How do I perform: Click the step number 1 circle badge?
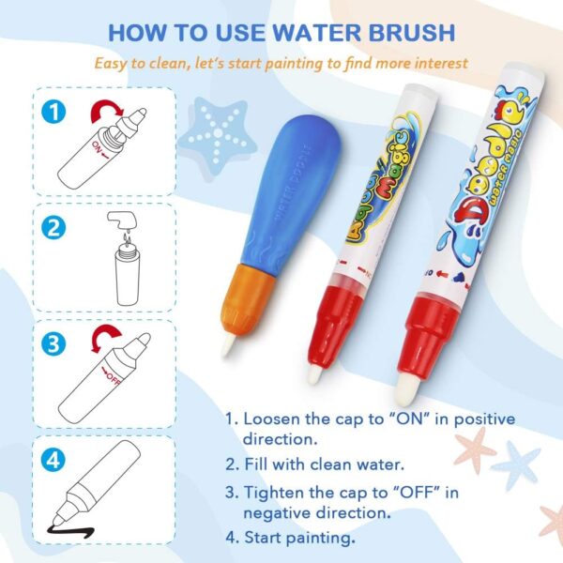pos(55,112)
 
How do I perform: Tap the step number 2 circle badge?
pos(55,228)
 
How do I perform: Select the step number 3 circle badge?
pos(55,342)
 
